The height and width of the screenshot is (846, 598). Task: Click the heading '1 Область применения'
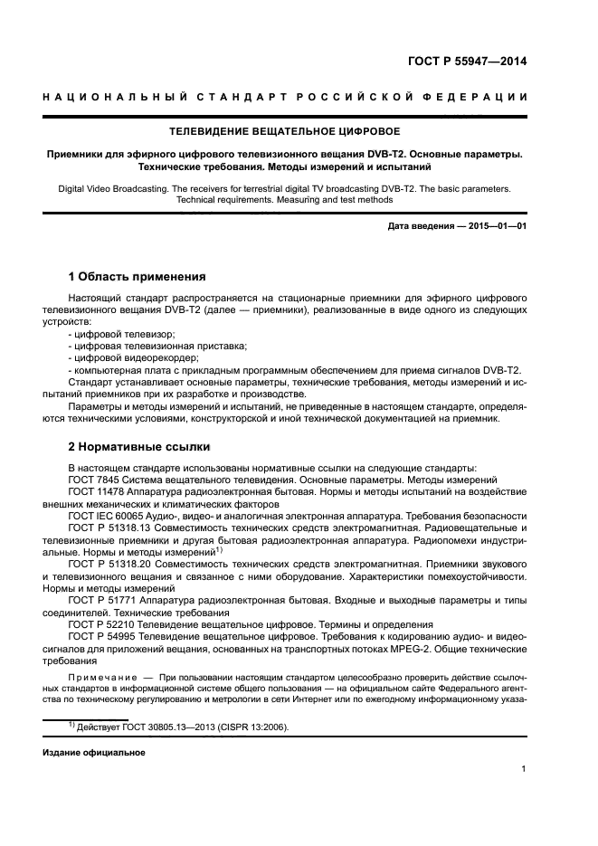138,276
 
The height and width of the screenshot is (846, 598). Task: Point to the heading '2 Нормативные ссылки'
139,446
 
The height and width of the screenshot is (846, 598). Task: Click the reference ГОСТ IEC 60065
109,515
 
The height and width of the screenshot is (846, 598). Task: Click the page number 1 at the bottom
524,768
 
